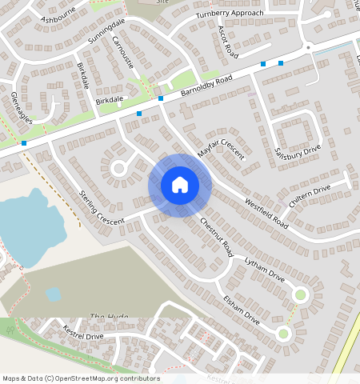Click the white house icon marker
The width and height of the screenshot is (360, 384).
pyautogui.click(x=180, y=185)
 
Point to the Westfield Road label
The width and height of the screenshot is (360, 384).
pyautogui.click(x=266, y=213)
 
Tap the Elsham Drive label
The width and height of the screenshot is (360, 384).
pyautogui.click(x=242, y=309)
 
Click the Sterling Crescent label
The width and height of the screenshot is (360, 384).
pyautogui.click(x=102, y=207)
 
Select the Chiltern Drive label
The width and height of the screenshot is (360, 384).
pyautogui.click(x=310, y=195)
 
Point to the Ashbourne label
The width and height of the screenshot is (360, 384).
pyautogui.click(x=58, y=14)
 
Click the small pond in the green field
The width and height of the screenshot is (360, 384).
pyautogui.click(x=54, y=294)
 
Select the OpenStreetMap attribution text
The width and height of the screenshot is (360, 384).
pyautogui.click(x=80, y=378)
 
